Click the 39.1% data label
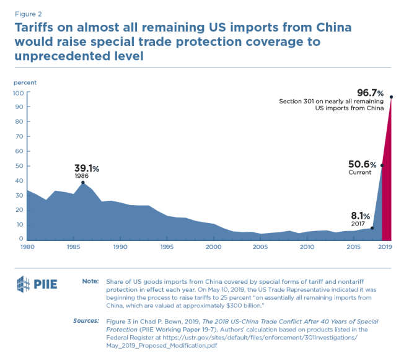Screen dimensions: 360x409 click(87, 168)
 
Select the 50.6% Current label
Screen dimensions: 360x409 click(363, 164)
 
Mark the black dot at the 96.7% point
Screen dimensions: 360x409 click(391, 97)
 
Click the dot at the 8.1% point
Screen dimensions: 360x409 click(372, 228)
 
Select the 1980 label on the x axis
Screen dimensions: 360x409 click(27, 247)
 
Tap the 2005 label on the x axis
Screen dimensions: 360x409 click(260, 247)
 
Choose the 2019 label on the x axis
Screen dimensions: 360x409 click(385, 247)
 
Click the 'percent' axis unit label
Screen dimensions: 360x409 click(25, 82)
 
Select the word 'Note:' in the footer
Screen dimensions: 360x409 click(90, 281)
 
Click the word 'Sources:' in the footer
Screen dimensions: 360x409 click(87, 321)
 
